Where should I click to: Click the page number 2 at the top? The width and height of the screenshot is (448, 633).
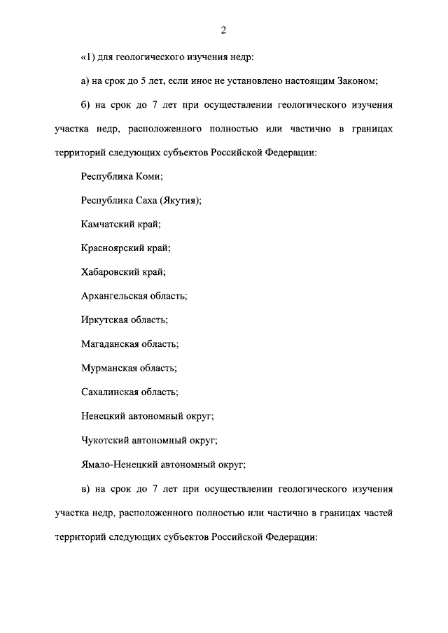coord(223,29)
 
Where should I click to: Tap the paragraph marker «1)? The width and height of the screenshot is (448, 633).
coord(88,56)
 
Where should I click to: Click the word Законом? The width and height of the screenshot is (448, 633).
coord(354,81)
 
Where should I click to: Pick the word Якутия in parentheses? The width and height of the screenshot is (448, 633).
coord(178,201)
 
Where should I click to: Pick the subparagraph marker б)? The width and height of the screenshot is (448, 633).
coord(86,106)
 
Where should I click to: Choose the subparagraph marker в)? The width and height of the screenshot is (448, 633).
coord(86,488)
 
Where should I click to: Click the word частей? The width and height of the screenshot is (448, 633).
coord(377,513)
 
